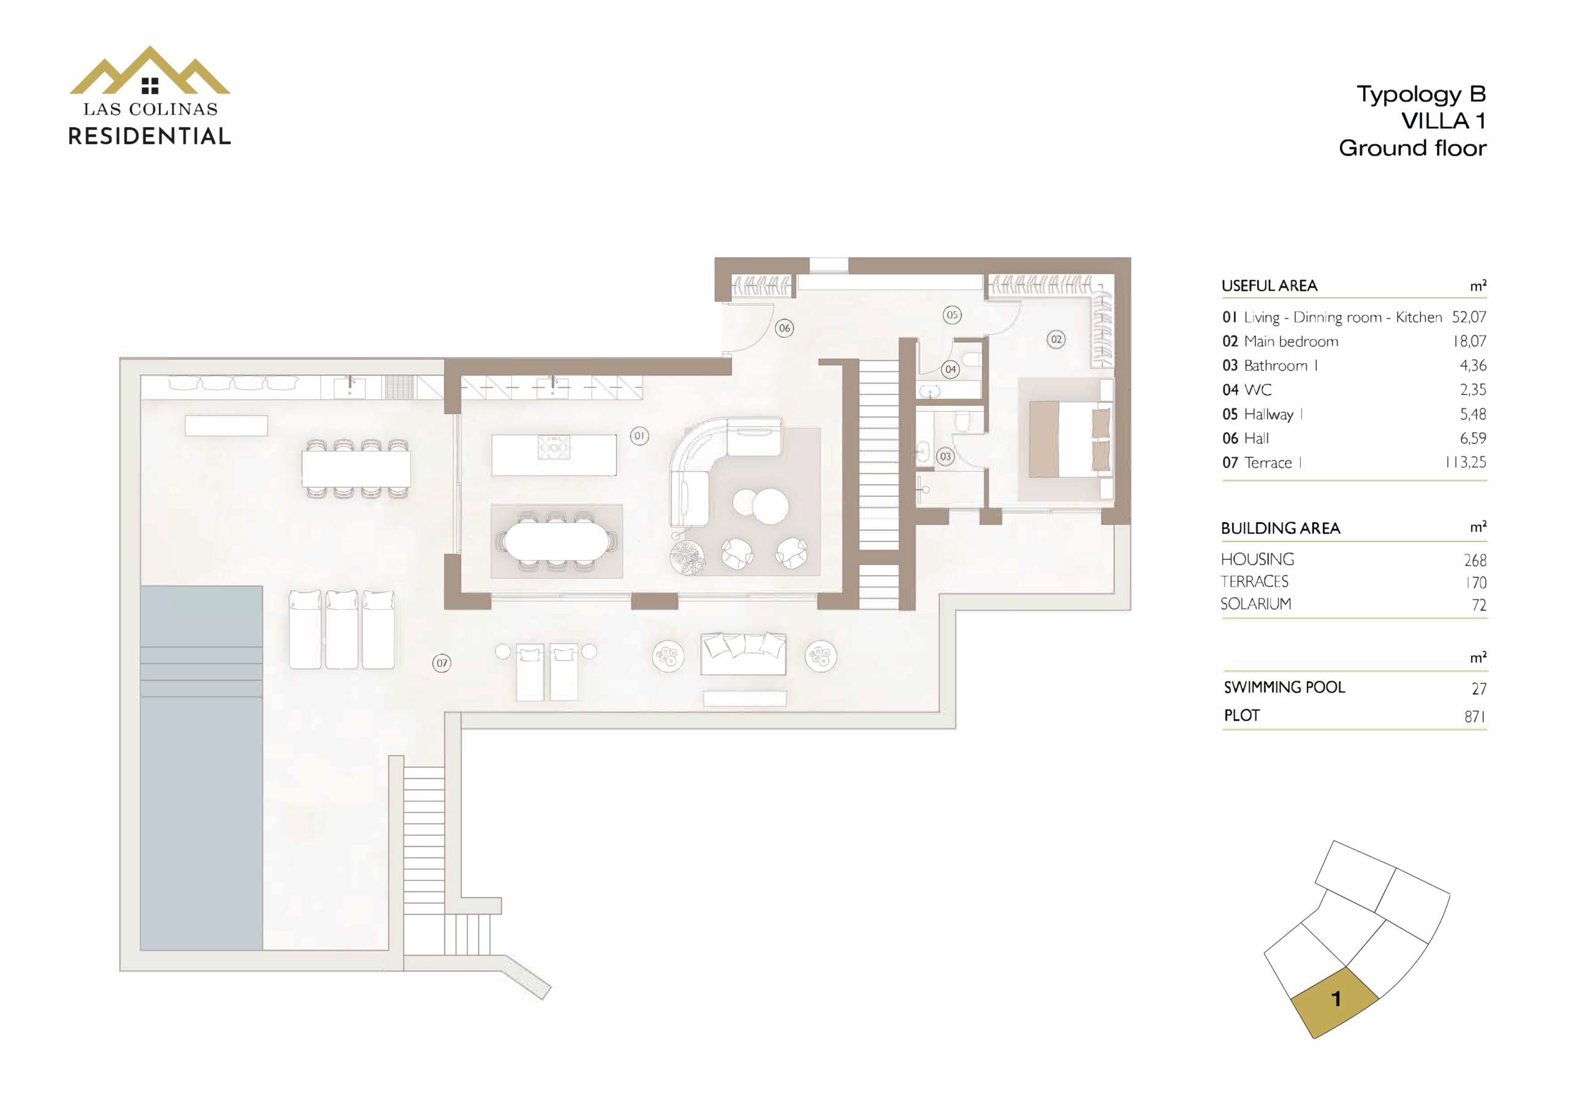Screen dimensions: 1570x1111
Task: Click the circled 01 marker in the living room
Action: [640, 436]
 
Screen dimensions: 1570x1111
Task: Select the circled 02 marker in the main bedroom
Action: [1057, 339]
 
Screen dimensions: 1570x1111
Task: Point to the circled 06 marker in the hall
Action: [784, 328]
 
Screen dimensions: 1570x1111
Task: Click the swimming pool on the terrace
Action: [201, 767]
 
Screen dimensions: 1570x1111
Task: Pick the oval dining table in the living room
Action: [556, 541]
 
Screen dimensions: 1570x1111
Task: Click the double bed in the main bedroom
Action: [1070, 439]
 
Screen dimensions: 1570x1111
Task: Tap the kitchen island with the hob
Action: [554, 455]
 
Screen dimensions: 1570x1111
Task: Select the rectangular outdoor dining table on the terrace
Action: [356, 469]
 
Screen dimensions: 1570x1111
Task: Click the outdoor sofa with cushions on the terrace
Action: [743, 654]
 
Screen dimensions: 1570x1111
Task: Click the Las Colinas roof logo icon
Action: [150, 71]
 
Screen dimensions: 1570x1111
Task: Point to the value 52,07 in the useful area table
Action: [1469, 317]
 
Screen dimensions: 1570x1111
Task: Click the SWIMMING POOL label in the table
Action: [1284, 688]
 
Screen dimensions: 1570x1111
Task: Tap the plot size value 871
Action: [1475, 717]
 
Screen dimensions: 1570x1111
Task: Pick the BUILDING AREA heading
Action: [1280, 528]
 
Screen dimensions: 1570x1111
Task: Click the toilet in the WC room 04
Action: [971, 358]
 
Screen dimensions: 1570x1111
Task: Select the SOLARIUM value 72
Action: [1479, 605]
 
